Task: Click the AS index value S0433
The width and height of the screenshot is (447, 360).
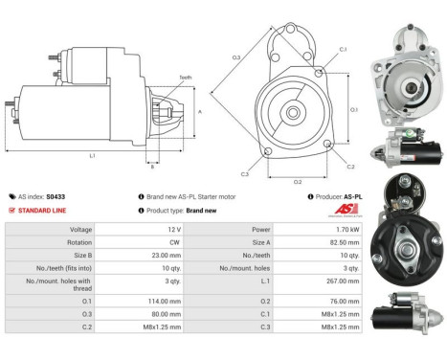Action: [60, 195]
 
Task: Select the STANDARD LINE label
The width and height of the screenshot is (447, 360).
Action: [39, 210]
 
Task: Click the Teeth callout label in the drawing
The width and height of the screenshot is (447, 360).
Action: [185, 78]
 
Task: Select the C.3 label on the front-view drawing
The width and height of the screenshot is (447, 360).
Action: [245, 174]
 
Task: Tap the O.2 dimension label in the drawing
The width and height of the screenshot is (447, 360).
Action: [298, 180]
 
